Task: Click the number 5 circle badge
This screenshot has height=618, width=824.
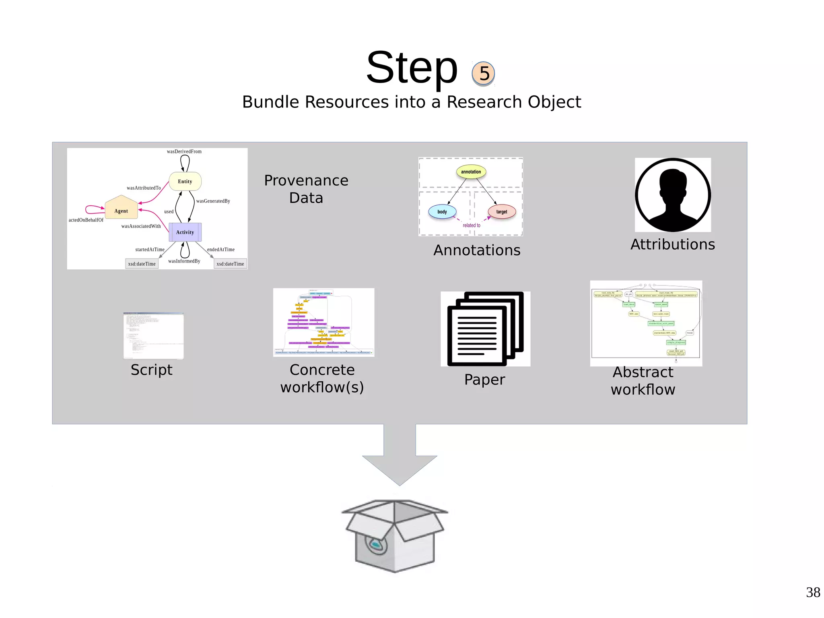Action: (x=483, y=74)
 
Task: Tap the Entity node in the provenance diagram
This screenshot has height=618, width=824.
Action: (x=185, y=181)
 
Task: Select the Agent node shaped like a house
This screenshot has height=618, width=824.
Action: (x=121, y=209)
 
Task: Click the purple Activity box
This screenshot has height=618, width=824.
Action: (x=185, y=232)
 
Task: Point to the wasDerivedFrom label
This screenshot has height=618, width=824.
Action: (x=184, y=151)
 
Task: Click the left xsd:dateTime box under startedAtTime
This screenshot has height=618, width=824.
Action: (x=142, y=264)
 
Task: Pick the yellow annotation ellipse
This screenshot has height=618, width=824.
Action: (x=471, y=172)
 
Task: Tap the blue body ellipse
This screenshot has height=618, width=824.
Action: (x=442, y=212)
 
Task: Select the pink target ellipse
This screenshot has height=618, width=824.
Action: (x=502, y=212)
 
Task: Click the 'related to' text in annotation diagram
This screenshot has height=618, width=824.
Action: (x=472, y=225)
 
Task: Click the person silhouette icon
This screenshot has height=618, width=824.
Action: (x=673, y=195)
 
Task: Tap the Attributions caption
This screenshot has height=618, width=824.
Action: (x=673, y=244)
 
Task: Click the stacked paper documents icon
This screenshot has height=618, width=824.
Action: (x=485, y=329)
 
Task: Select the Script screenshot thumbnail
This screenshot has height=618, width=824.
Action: (x=153, y=336)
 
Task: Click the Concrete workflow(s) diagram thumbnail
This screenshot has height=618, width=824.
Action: (x=323, y=322)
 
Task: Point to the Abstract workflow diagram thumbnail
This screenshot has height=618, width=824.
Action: (x=646, y=323)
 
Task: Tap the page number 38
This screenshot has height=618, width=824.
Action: (x=813, y=592)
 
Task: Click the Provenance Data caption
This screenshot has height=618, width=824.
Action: (x=306, y=189)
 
